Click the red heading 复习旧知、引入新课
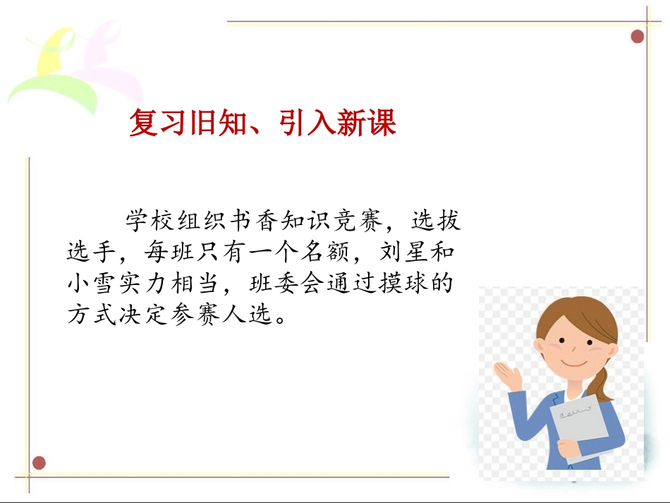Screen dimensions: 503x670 (262, 123)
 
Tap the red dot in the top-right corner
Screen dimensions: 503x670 (638, 36)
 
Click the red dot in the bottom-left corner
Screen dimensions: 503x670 (39, 463)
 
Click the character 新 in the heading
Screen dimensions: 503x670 (339, 123)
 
